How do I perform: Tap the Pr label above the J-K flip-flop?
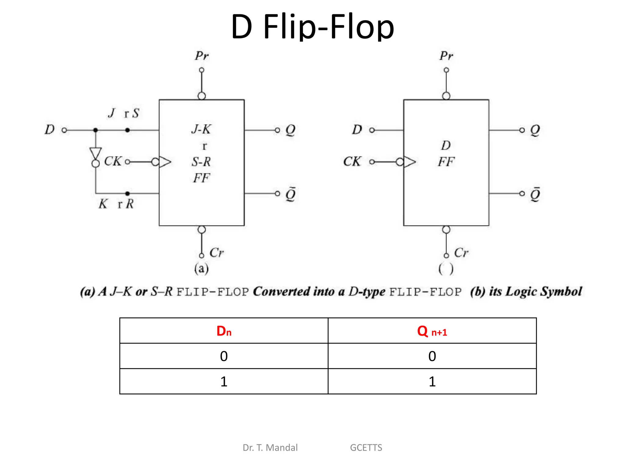tap(202, 56)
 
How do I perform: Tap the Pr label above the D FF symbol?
tap(446, 56)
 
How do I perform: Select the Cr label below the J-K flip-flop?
tap(217, 253)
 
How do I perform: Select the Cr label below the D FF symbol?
tap(461, 253)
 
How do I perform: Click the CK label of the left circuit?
tap(113, 161)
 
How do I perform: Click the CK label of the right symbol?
tap(352, 162)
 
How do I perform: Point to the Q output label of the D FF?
tap(535, 130)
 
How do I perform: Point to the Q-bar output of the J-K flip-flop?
tap(290, 194)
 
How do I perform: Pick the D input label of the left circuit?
tap(49, 130)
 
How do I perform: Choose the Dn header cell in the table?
tap(224, 331)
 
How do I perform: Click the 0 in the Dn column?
tap(224, 356)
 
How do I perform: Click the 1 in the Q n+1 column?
tap(432, 382)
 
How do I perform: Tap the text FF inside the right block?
tap(446, 162)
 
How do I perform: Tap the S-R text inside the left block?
tap(201, 162)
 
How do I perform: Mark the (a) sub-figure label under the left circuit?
tap(201, 269)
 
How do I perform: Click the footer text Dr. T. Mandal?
tap(270, 448)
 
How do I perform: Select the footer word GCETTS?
tap(366, 448)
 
